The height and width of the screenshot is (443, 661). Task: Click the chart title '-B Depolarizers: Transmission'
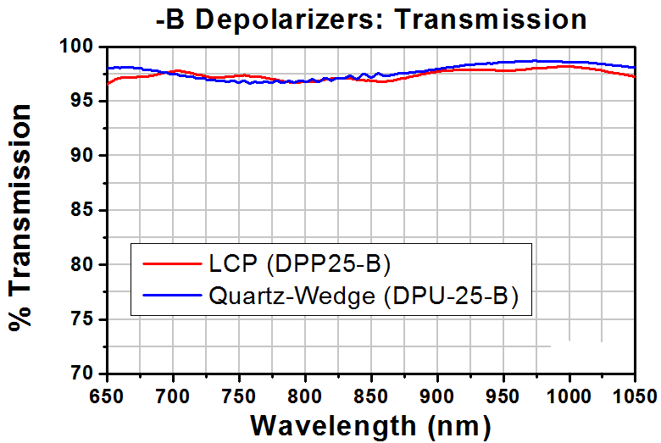click(x=371, y=19)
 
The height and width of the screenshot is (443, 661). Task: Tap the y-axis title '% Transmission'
click(x=20, y=218)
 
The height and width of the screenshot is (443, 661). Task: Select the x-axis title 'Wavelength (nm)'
click(x=371, y=426)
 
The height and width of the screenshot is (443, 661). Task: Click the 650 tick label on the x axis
click(x=108, y=396)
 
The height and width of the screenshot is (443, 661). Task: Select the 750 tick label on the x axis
click(x=240, y=396)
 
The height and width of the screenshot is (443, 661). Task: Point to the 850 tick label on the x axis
click(x=371, y=396)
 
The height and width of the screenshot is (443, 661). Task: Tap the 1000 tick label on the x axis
click(x=569, y=396)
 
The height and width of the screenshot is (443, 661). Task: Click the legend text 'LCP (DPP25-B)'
click(x=300, y=264)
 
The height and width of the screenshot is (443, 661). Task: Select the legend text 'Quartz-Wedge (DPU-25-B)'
click(x=364, y=296)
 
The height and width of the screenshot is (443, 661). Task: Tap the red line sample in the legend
click(x=172, y=264)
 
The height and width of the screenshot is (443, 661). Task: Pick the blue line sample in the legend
click(x=172, y=295)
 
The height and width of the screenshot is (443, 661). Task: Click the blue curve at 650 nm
click(x=108, y=69)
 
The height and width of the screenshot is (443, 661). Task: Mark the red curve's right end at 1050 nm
click(x=635, y=77)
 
